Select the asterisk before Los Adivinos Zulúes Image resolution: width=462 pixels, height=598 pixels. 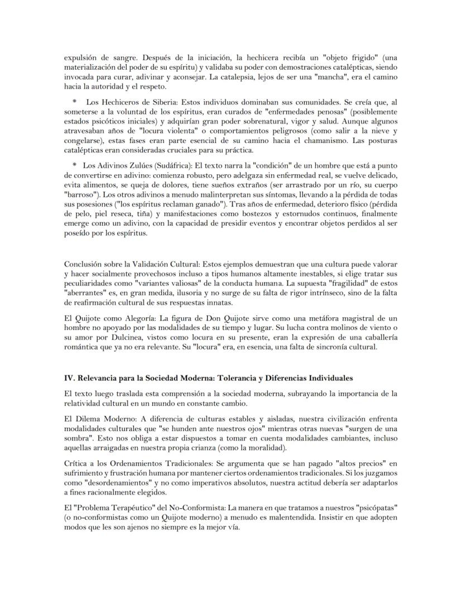[74, 166]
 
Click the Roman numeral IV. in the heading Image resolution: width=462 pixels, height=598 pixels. [70, 378]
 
